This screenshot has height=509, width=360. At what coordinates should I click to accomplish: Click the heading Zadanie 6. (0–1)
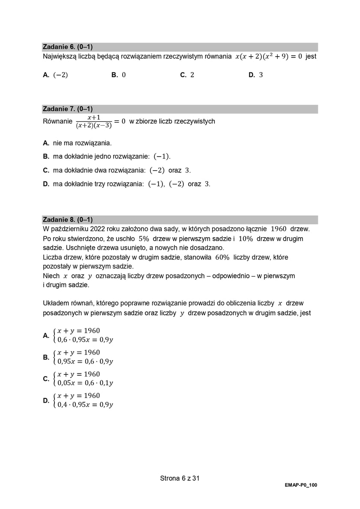(68, 47)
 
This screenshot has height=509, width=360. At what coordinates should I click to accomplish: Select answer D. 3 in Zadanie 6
(255, 75)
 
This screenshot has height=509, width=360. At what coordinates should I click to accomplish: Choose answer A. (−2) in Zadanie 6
(55, 75)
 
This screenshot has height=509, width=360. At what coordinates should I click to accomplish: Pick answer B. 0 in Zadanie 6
(118, 75)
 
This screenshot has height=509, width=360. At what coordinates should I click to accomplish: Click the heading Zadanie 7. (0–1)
(68, 109)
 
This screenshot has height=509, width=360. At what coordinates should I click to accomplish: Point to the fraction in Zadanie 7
(93, 122)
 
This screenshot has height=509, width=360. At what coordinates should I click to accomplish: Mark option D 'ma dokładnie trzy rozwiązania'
(126, 184)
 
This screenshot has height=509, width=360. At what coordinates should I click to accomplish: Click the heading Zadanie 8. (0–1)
(68, 220)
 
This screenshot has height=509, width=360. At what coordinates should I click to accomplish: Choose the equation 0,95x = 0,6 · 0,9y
(85, 361)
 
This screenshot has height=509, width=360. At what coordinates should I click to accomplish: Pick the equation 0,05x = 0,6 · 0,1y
(85, 383)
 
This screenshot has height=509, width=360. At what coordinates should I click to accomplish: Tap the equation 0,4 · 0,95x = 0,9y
(85, 404)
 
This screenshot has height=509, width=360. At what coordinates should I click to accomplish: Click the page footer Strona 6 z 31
(180, 478)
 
